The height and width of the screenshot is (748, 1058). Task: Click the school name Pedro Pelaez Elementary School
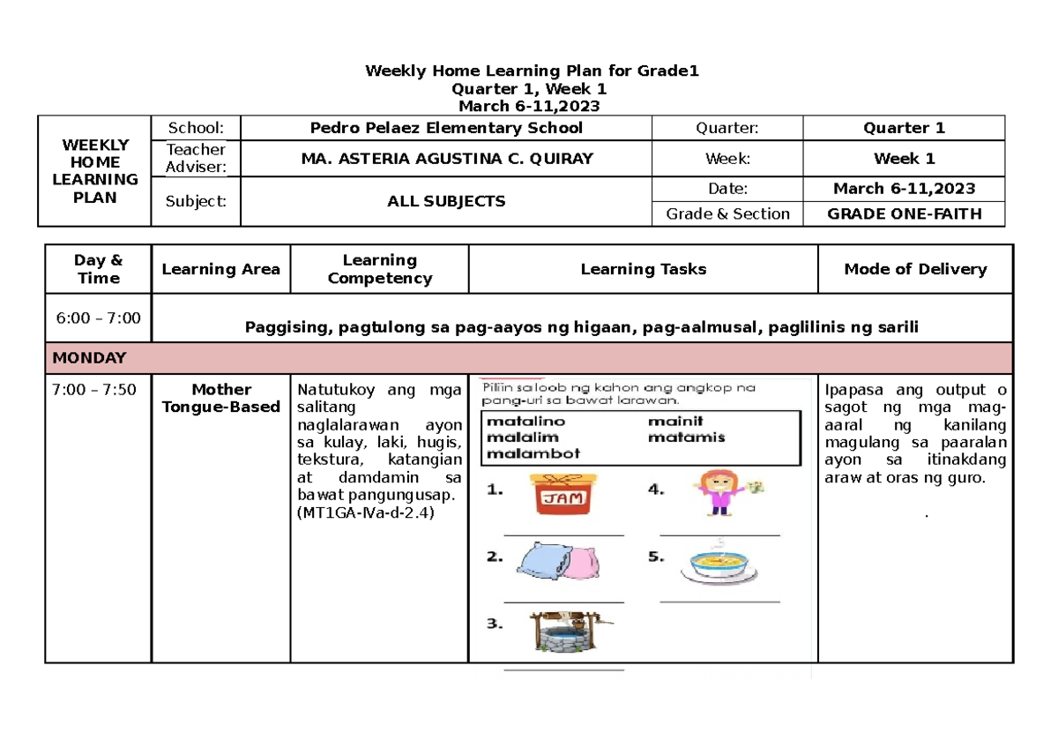tap(446, 128)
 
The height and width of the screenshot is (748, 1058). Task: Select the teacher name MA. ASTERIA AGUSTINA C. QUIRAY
tap(446, 159)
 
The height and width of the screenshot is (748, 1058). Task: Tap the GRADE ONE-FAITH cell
tap(904, 213)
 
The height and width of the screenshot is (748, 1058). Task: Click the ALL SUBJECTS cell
tap(446, 201)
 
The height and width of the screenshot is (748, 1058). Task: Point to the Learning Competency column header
tap(379, 269)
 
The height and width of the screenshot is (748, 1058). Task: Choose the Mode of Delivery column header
tap(915, 269)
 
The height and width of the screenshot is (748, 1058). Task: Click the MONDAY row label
tap(89, 358)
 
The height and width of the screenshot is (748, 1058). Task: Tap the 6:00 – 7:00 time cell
tap(98, 318)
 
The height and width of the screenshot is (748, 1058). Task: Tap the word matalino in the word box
tap(525, 421)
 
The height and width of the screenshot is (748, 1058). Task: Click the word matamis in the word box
tap(686, 437)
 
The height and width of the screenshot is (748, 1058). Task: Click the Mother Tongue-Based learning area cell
tap(220, 398)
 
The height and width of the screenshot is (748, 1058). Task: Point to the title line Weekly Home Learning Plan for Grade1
tap(532, 71)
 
